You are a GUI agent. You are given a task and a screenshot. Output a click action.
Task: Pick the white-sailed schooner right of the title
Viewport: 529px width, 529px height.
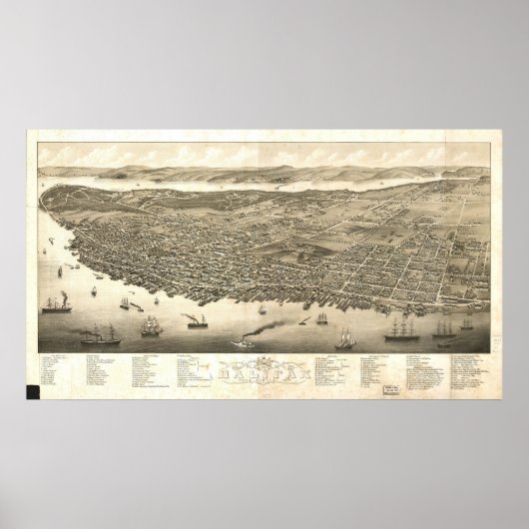point(345,339)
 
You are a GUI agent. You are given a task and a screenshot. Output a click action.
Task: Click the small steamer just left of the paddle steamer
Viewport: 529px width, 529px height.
point(193,322)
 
